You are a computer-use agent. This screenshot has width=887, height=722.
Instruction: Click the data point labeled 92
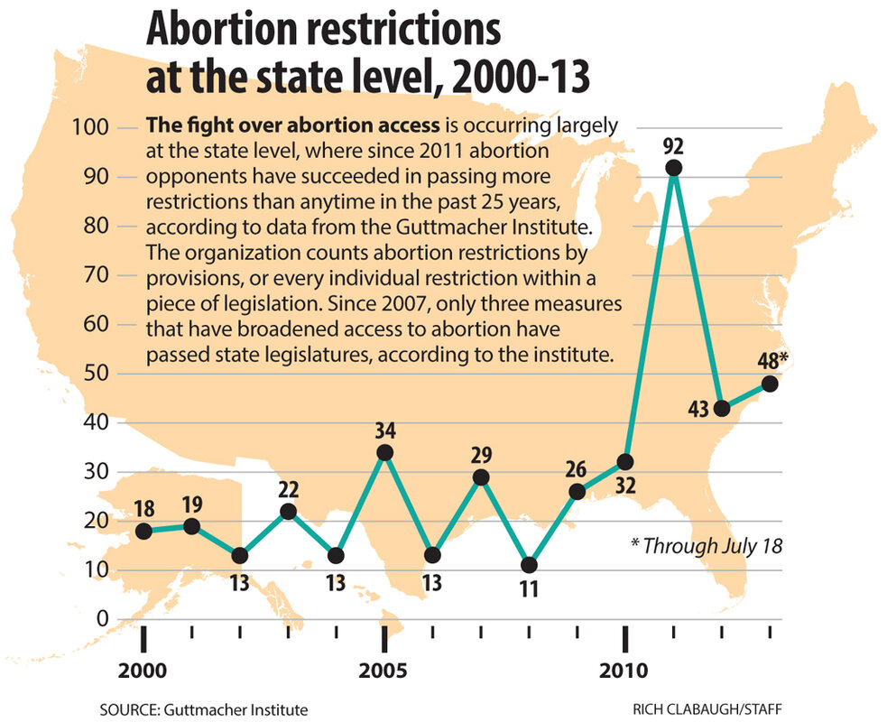point(672,168)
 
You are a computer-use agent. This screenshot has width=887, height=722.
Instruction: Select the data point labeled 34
point(384,452)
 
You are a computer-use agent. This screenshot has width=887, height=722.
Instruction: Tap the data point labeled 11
point(529,565)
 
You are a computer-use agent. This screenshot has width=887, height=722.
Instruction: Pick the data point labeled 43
point(721,408)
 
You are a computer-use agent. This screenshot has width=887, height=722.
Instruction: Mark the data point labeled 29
point(481,477)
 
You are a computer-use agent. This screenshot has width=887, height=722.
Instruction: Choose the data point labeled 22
point(288,512)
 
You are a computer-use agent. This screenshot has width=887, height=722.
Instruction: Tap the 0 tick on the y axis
point(101,619)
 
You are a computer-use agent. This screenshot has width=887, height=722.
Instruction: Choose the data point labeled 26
point(577,492)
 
